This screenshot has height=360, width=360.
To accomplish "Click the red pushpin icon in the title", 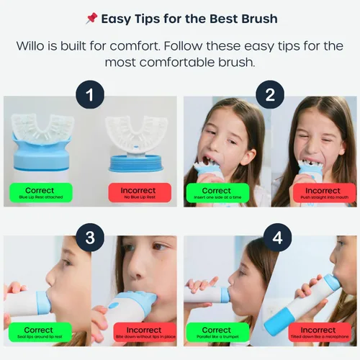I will [91, 18].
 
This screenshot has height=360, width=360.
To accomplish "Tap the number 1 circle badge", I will [91, 94].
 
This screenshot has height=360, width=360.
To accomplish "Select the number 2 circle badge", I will [270, 94].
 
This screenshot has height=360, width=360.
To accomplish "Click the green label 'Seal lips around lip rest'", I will [41, 334].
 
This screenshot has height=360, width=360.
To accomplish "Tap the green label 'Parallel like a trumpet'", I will [220, 334].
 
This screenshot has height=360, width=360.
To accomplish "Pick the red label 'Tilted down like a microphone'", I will [319, 334].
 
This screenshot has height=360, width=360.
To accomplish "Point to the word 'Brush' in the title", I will [256, 18].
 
